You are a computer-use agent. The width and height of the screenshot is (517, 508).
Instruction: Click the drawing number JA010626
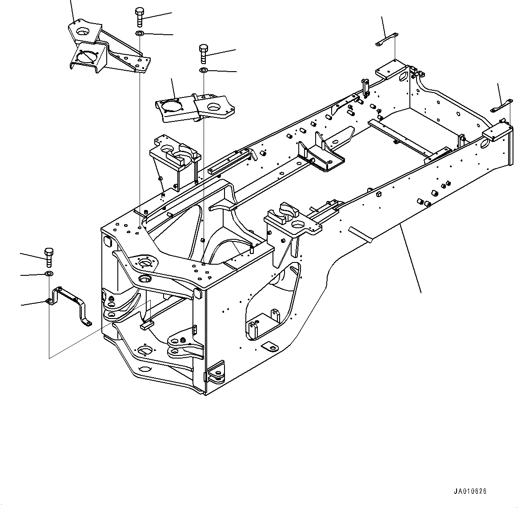tap(470, 492)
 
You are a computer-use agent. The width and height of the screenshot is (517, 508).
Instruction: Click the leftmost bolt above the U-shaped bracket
tap(49, 255)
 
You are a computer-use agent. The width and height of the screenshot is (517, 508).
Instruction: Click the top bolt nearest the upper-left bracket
tap(139, 16)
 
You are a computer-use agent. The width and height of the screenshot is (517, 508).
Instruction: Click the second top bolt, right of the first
tap(203, 53)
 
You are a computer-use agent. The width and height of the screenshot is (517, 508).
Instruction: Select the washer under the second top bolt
tap(203, 70)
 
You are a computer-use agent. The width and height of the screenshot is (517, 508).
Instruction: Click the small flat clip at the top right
tap(387, 39)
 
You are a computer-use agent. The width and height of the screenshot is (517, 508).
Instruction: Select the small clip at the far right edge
tap(501, 107)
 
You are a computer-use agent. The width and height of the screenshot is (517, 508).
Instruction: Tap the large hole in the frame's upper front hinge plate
tap(145, 263)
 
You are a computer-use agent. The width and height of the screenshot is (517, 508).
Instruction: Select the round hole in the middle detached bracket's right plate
tap(214, 107)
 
